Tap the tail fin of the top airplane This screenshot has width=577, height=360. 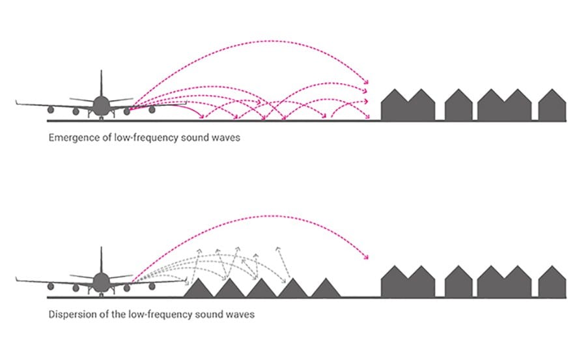pos(102,83)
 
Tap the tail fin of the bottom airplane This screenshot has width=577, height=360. pos(102,259)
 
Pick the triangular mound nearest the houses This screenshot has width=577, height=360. pos(326,288)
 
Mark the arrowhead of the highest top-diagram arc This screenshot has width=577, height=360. pos(366,82)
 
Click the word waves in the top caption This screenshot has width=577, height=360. pos(225,138)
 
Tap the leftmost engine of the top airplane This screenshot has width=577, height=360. pos(76,111)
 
